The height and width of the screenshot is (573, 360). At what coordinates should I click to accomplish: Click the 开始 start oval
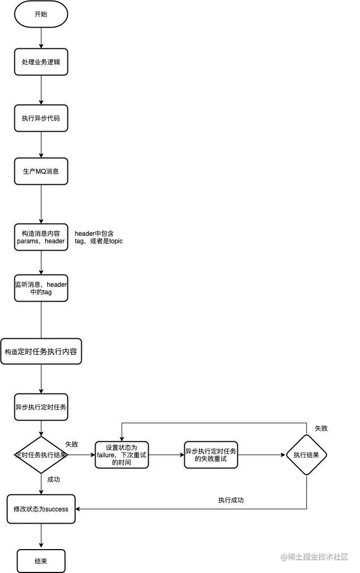[x=41, y=14]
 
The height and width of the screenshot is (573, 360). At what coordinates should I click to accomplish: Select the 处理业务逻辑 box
[x=41, y=62]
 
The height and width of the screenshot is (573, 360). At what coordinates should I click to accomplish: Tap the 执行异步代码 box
[x=41, y=118]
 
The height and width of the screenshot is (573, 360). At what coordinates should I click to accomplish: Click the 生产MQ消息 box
[x=41, y=171]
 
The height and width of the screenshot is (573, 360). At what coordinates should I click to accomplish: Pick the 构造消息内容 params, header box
[x=41, y=237]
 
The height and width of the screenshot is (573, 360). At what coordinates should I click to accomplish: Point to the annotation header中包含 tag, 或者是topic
[x=99, y=237]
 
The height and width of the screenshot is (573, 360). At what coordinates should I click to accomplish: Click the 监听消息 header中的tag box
[x=41, y=288]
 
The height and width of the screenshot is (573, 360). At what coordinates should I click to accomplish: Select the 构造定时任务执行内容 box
[x=41, y=352]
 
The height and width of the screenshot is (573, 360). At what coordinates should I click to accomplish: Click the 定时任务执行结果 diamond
[x=41, y=455]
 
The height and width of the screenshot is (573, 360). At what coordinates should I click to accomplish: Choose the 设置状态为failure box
[x=121, y=455]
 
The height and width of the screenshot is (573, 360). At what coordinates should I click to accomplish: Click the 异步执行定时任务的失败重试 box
[x=211, y=455]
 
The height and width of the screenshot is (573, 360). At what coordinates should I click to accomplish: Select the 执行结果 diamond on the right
[x=306, y=455]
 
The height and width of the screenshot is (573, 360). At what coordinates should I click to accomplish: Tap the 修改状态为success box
[x=41, y=509]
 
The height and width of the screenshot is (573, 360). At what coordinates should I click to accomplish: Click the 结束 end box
[x=41, y=561]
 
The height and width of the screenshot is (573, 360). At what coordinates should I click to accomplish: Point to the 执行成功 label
[x=231, y=500]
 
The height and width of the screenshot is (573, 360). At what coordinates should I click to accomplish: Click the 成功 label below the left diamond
[x=54, y=479]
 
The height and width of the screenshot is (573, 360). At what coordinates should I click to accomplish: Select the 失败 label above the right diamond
[x=321, y=428]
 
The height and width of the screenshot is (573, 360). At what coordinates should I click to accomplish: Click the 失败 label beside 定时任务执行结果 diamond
[x=72, y=444]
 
